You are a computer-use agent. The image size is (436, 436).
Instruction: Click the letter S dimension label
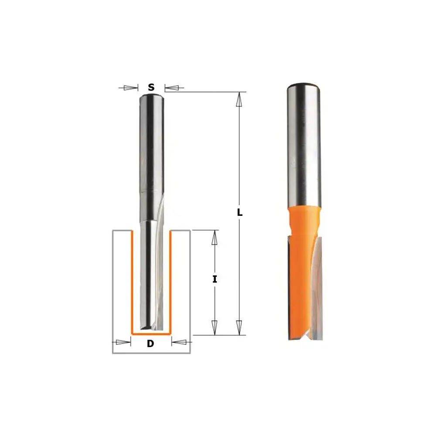click(x=151, y=87)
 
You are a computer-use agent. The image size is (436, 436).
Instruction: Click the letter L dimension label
click(x=239, y=212)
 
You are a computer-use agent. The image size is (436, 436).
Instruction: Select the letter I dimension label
click(x=215, y=279)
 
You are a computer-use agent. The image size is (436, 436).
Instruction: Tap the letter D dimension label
click(x=150, y=344)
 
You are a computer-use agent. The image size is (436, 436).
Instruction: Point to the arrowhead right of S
click(x=172, y=88)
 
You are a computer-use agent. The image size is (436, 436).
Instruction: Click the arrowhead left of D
click(x=123, y=342)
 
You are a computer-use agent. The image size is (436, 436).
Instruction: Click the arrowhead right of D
click(x=179, y=342)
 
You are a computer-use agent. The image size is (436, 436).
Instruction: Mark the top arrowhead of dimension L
click(x=239, y=99)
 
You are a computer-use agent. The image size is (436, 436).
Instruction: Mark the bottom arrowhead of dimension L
click(x=239, y=327)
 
